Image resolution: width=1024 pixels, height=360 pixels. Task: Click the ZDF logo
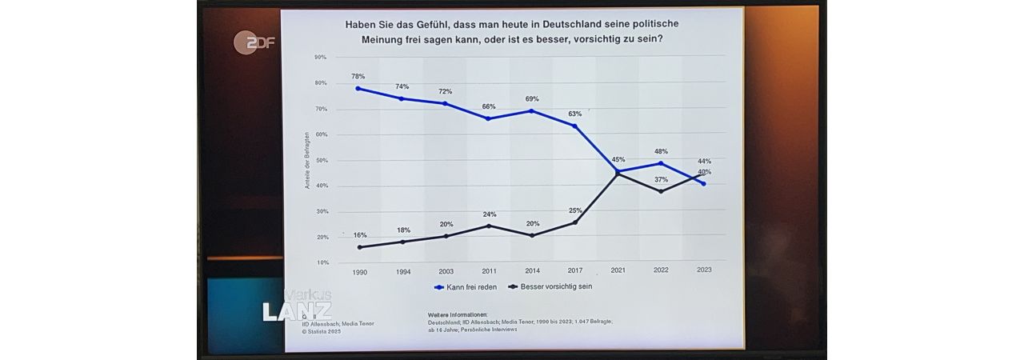(254, 42)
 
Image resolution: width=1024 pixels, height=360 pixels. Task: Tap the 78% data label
(358, 77)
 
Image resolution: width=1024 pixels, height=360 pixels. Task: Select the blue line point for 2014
(532, 110)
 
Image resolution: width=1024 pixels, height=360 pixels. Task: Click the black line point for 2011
(489, 226)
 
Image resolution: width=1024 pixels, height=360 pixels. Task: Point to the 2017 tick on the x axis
(574, 271)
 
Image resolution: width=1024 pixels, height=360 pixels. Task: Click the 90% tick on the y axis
(321, 58)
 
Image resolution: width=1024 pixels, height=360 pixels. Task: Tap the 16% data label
(360, 235)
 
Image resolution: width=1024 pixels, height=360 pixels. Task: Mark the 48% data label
(661, 152)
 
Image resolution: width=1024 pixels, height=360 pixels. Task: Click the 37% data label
(661, 179)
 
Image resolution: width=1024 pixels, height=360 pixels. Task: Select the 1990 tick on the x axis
(360, 271)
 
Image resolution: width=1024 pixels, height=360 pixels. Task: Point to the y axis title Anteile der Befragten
(307, 161)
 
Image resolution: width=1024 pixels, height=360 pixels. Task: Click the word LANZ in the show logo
(297, 311)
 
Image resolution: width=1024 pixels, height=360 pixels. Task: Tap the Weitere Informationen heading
(458, 316)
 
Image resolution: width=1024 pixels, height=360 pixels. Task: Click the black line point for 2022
(661, 191)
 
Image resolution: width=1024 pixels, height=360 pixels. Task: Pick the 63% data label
(574, 114)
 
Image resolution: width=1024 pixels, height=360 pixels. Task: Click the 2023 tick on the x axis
(704, 270)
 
